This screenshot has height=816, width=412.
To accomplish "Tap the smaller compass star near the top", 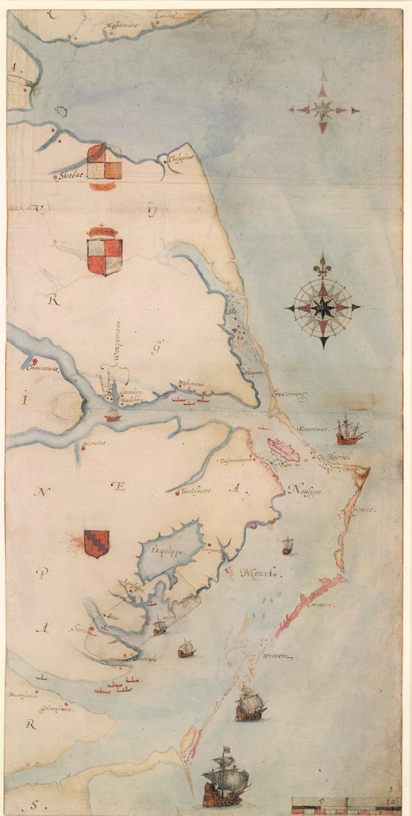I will point(323,109).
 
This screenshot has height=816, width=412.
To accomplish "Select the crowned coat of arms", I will point(104,250).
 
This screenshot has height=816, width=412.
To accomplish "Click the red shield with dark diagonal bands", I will point(96,543).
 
